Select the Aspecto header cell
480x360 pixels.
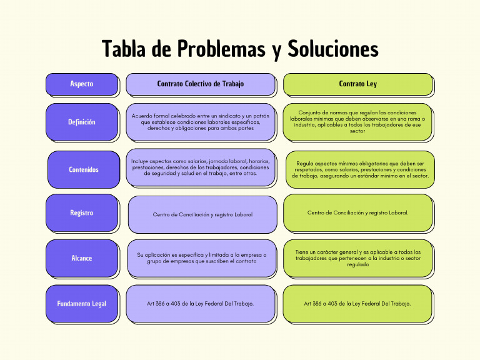coord(81,84)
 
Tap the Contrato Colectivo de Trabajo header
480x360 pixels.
coord(200,84)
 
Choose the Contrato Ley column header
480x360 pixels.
coord(357,84)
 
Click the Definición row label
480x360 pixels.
coord(81,122)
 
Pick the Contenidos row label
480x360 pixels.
coord(83,169)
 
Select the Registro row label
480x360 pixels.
coord(81,213)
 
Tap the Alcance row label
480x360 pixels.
coord(81,257)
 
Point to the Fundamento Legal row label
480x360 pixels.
coord(81,304)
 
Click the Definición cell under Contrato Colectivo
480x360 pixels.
coord(200,122)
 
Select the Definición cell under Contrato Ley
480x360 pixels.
coord(357,122)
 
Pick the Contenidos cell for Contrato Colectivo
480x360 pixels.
coord(200,167)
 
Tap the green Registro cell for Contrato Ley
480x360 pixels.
coord(357,213)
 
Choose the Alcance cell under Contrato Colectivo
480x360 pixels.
coord(201,257)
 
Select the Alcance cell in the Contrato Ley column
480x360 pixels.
coord(357,257)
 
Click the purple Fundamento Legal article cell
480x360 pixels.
coord(201,304)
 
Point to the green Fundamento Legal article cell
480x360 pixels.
coord(357,304)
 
